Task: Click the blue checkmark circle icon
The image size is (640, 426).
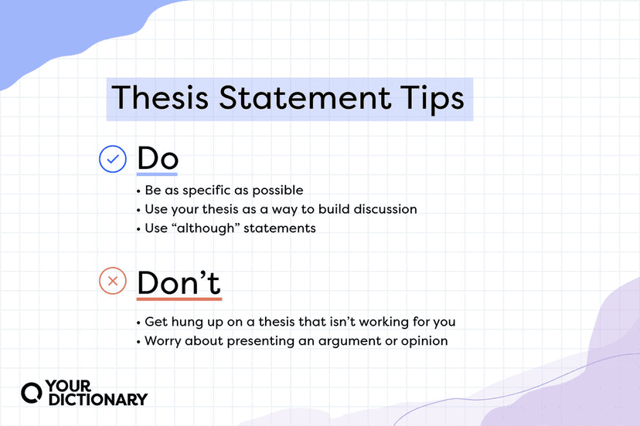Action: point(113,160)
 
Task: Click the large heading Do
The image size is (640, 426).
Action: point(158,159)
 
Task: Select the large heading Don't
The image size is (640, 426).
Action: point(179,282)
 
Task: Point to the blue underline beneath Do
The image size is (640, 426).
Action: point(158,175)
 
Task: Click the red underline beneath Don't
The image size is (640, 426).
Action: point(179,299)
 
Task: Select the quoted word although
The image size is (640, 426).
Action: point(203,228)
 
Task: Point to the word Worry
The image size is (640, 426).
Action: point(163,340)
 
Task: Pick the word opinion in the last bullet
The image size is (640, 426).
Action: point(424,340)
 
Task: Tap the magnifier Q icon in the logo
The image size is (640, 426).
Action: point(32,391)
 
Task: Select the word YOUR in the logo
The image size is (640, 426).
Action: point(68,384)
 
